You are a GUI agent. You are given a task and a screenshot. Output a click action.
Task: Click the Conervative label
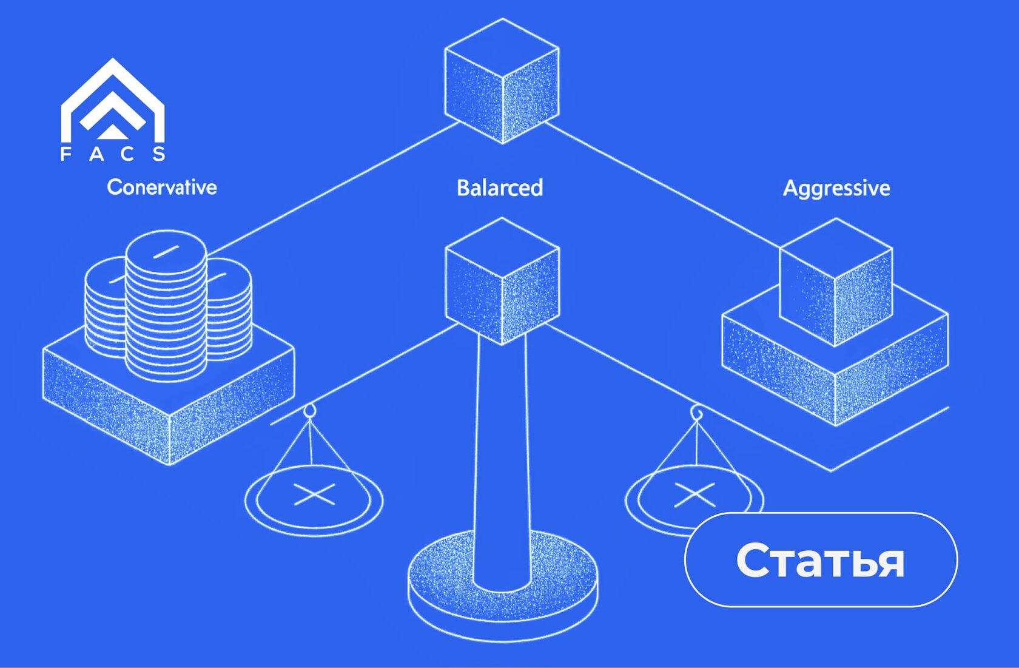[161, 187]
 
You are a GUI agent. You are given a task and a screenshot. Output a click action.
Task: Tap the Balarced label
[499, 188]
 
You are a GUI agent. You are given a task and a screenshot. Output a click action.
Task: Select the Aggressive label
[836, 188]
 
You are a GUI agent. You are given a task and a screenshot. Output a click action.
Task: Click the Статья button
[821, 559]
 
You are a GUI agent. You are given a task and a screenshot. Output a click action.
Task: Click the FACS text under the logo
[113, 154]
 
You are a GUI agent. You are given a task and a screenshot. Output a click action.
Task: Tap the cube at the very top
[502, 81]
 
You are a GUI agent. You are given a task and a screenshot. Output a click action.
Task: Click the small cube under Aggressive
[835, 282]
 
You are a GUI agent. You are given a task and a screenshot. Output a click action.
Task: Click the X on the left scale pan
[314, 494]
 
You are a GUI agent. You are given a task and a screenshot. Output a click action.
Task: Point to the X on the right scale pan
[695, 494]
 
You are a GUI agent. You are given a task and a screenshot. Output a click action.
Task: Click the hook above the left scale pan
[310, 411]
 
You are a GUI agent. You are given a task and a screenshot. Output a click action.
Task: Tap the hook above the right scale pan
[697, 413]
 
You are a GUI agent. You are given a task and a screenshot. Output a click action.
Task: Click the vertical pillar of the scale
[502, 461]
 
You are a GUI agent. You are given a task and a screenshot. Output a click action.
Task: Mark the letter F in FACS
[66, 154]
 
